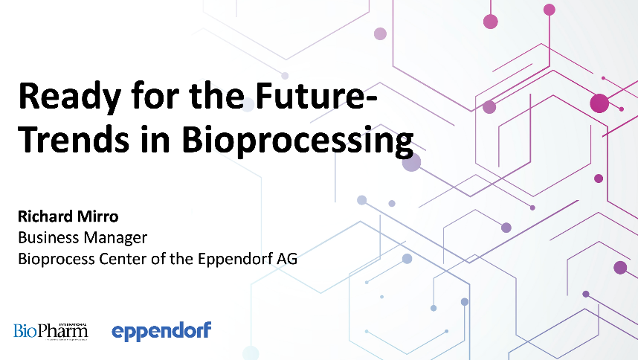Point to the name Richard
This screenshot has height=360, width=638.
43,217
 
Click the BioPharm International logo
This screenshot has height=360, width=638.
51,330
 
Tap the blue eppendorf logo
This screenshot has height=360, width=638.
161,330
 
